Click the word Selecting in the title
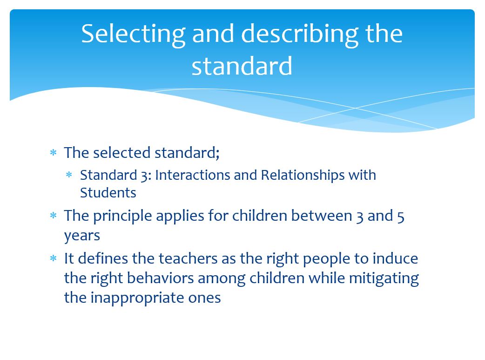(133, 34)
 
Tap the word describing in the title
(300, 34)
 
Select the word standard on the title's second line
(242, 66)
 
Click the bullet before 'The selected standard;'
(53, 153)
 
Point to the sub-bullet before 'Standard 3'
(69, 175)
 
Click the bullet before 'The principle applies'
(53, 216)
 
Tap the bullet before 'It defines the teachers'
(53, 258)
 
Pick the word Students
(108, 193)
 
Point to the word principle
(122, 217)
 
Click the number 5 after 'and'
(401, 217)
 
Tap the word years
(82, 236)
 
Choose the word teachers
(188, 258)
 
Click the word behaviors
(160, 278)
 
